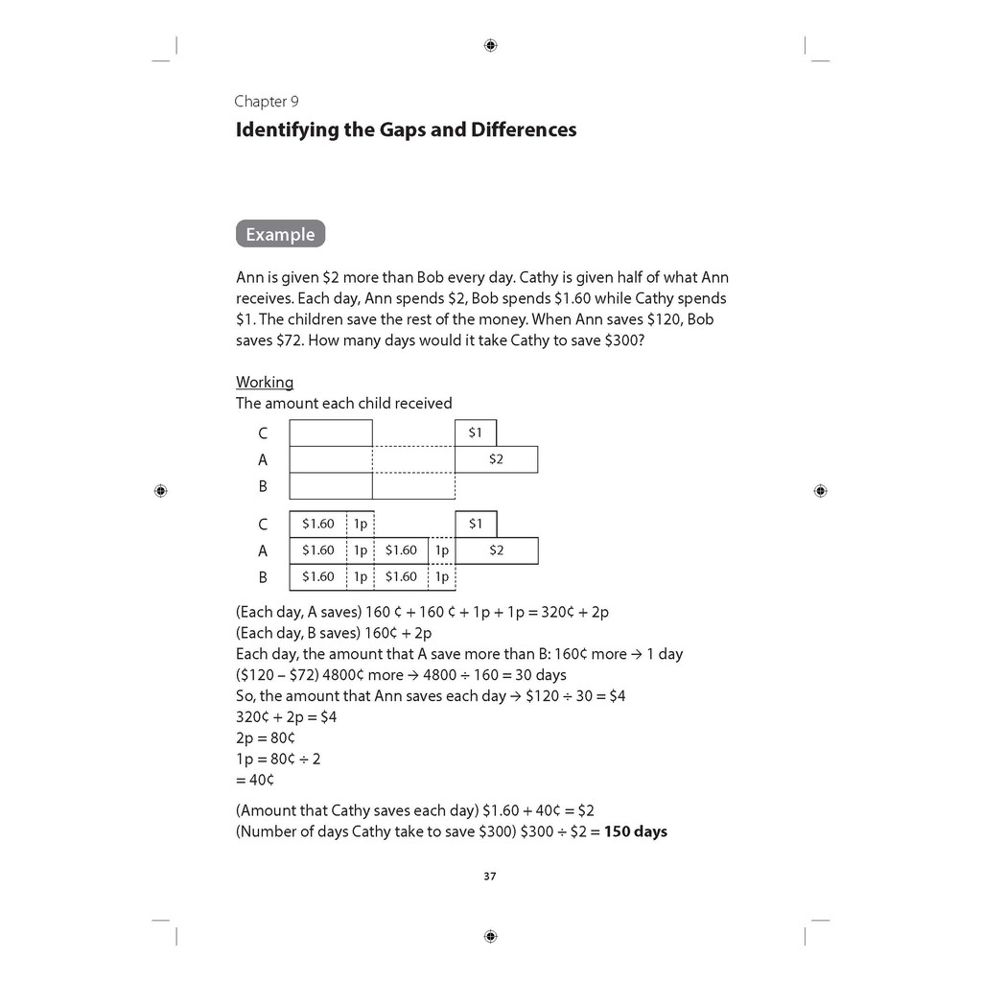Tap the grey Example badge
coord(280,234)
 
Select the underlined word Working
coord(265,383)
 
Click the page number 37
coord(490,876)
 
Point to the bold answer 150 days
coord(635,831)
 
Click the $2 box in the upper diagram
coord(496,459)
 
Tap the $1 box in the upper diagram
coord(476,433)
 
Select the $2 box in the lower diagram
coord(496,550)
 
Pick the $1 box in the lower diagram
coord(476,525)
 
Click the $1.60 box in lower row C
coord(317,525)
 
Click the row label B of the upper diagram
coord(263,486)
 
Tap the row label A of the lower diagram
coord(263,551)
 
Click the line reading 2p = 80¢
coord(266,738)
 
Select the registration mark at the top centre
coord(490,45)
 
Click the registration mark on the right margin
coord(819,490)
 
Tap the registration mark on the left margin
coord(160,490)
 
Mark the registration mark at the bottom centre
coord(490,936)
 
